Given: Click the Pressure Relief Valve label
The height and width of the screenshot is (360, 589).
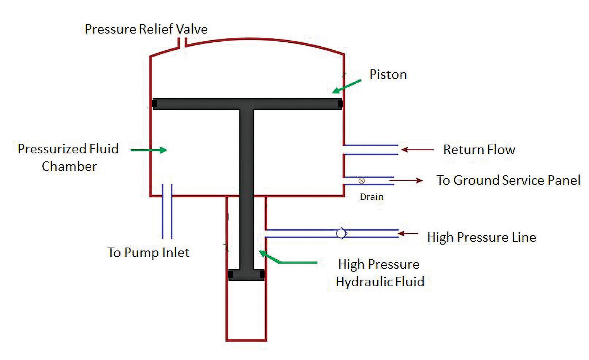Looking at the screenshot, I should (146, 29).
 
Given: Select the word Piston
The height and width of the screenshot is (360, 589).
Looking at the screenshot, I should (388, 74).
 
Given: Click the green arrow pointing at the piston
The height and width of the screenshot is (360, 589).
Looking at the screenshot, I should (346, 86).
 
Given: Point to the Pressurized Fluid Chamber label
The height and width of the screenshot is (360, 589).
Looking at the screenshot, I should (68, 157).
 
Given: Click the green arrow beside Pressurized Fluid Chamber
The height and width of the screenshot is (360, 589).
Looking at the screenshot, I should (149, 150).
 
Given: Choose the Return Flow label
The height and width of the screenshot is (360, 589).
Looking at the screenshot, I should (479, 150).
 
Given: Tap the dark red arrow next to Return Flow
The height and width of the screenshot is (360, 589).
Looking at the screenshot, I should (417, 150).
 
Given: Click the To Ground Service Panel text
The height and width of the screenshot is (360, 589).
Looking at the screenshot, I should (508, 180).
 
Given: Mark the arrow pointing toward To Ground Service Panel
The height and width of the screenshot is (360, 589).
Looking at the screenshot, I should (406, 180).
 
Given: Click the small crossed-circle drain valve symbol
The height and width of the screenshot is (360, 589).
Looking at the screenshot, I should (362, 181).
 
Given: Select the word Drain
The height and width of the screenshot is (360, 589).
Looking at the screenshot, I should (372, 197).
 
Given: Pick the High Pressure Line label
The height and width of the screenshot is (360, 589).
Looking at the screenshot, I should (481, 237).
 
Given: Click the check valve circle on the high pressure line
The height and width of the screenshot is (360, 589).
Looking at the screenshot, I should (341, 233).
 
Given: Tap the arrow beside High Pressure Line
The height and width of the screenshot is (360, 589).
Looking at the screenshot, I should (408, 233).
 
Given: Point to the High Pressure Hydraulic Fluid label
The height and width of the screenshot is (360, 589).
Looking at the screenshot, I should (380, 273).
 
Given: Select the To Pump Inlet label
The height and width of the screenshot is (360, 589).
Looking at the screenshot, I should (148, 253).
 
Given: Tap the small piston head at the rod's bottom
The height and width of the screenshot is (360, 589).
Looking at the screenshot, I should (246, 275).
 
